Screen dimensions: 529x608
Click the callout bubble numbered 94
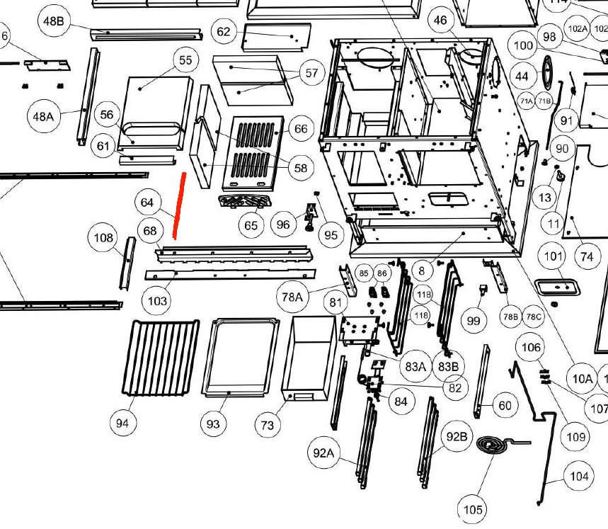point(123,423)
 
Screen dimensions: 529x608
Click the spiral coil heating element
point(494,448)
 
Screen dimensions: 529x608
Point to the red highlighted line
point(179,206)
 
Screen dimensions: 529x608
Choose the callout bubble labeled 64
point(147,203)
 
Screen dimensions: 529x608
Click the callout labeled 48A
point(44,115)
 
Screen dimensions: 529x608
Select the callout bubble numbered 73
point(267,425)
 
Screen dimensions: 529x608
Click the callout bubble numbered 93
point(213,423)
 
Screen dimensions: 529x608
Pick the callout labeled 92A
point(323,452)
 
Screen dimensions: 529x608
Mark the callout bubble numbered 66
point(301,128)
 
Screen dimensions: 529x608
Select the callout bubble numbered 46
point(441,21)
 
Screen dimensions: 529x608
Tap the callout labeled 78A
point(292,297)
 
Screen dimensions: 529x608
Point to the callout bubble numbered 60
point(505,406)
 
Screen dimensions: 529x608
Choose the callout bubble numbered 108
point(104,237)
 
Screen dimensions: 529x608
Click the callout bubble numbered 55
point(185,60)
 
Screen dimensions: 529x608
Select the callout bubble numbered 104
point(579,477)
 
